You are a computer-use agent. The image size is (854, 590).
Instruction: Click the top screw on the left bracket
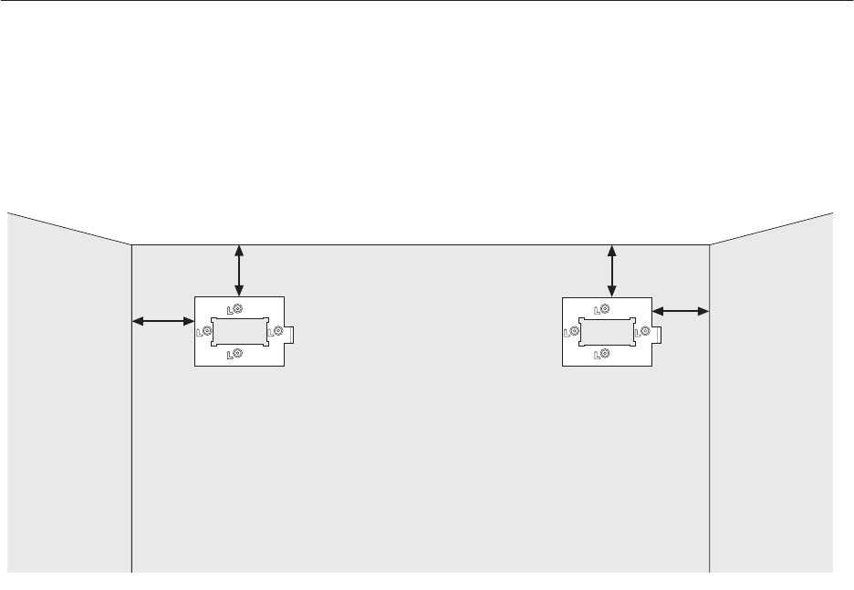pyautogui.click(x=237, y=309)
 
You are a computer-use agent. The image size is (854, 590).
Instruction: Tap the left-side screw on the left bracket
pyautogui.click(x=206, y=331)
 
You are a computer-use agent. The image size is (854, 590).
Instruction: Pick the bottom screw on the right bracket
pyautogui.click(x=604, y=354)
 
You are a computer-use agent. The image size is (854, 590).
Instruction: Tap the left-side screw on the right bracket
pyautogui.click(x=574, y=332)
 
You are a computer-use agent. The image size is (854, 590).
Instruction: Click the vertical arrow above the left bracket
pyautogui.click(x=239, y=269)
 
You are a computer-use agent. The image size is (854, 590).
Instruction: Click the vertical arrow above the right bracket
pyautogui.click(x=611, y=270)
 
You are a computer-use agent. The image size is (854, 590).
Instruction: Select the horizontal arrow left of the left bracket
pyautogui.click(x=163, y=320)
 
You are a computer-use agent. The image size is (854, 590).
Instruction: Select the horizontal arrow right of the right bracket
pyautogui.click(x=682, y=311)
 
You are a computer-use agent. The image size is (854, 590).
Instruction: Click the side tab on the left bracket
pyautogui.click(x=293, y=334)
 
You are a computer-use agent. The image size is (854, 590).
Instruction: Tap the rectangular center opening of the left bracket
pyautogui.click(x=239, y=331)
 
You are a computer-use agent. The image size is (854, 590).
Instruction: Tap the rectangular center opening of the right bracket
pyautogui.click(x=607, y=332)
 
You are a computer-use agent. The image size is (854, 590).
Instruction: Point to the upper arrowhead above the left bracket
pyautogui.click(x=239, y=250)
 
